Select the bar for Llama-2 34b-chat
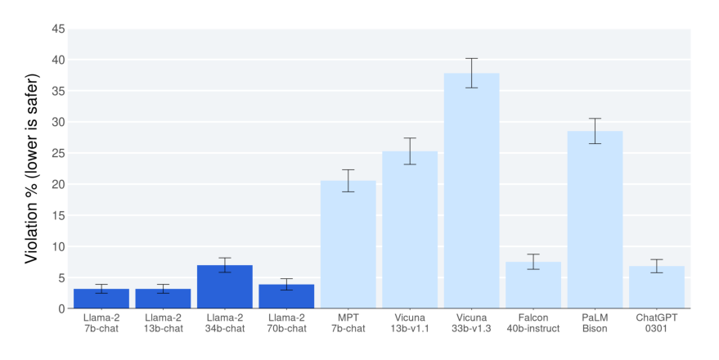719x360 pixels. (225, 287)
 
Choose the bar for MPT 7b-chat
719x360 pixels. (348, 245)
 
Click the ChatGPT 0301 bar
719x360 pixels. (657, 287)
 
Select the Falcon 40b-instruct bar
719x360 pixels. (533, 286)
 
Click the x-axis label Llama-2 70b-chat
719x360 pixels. (286, 323)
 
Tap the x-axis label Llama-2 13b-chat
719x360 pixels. (163, 323)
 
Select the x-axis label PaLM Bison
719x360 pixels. (595, 323)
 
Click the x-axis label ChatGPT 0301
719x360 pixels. (657, 323)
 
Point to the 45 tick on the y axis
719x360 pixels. (58, 29)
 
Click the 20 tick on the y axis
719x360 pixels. (58, 185)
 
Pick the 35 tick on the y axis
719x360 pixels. (58, 92)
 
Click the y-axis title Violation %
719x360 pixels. (33, 168)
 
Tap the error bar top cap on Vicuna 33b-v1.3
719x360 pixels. (471, 59)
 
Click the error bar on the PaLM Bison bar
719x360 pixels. (595, 131)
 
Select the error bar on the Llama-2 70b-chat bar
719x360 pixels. (286, 284)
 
